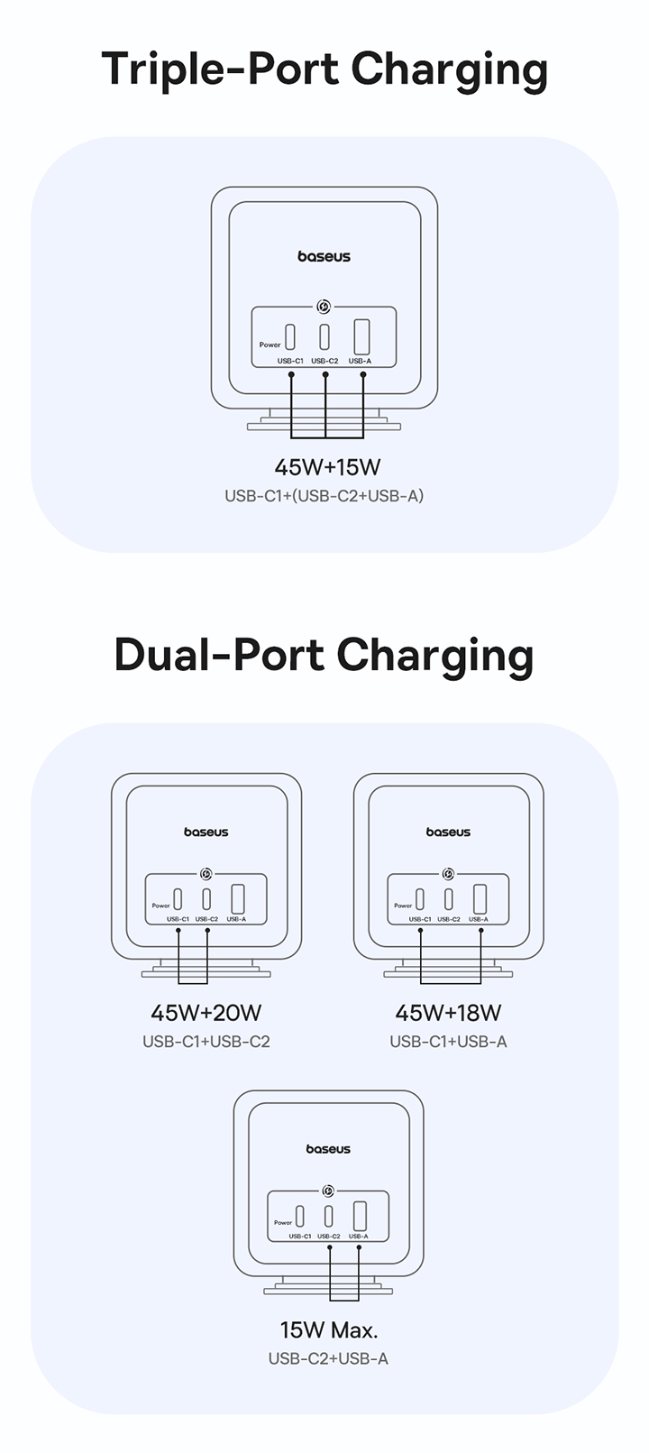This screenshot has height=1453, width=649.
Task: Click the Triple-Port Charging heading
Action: click(324, 69)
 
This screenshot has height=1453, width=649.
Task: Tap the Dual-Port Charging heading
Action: click(324, 656)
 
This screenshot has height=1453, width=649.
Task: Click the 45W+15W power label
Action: click(327, 467)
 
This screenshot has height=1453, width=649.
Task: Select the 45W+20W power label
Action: click(206, 1013)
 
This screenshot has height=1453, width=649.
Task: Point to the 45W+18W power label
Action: click(448, 1013)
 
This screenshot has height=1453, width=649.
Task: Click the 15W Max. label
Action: click(329, 1330)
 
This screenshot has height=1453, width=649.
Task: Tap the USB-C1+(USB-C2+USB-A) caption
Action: click(324, 496)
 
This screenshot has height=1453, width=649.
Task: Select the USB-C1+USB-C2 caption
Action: click(206, 1042)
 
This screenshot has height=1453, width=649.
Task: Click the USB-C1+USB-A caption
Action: click(448, 1042)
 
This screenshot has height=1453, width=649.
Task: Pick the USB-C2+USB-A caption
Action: click(328, 1359)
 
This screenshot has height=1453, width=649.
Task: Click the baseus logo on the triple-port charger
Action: click(324, 257)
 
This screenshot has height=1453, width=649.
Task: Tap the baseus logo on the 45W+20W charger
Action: click(206, 832)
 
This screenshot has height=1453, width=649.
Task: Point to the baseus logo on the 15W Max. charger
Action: click(328, 1149)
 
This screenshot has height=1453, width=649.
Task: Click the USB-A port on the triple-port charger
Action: click(361, 336)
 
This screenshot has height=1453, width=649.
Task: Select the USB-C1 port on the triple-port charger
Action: click(290, 336)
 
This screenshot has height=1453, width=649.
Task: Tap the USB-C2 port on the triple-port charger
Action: click(324, 336)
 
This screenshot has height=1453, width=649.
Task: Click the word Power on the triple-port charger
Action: click(270, 345)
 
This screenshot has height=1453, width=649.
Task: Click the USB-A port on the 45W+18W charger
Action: click(480, 899)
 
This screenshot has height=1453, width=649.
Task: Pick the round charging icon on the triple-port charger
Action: click(324, 307)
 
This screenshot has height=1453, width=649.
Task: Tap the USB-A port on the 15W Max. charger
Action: click(360, 1215)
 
